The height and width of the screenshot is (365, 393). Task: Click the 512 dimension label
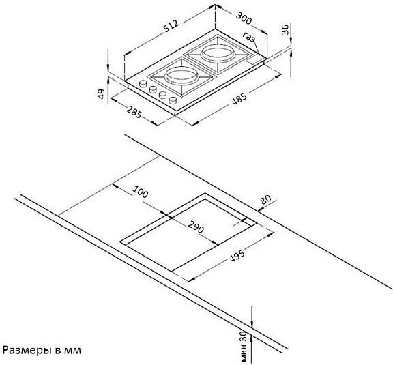coord(171,26)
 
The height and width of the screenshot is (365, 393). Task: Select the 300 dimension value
coord(244,18)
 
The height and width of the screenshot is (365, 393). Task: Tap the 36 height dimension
coord(285,29)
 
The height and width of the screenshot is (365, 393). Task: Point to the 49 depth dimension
coord(101,93)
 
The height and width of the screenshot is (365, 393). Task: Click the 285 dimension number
coord(134,112)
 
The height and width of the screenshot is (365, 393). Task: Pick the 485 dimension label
coord(239,98)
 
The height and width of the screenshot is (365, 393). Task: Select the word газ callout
coord(249,37)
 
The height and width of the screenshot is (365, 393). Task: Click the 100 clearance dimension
coord(141,192)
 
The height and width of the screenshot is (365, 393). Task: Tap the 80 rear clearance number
coord(265,199)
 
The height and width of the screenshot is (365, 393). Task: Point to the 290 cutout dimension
coord(196,227)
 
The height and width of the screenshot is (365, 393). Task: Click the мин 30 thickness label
coord(244,346)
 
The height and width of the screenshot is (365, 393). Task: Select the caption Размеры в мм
coord(42,350)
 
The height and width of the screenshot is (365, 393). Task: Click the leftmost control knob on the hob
coord(143,83)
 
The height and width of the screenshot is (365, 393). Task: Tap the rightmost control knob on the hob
coord(173,100)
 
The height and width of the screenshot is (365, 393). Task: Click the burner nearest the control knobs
coord(177,75)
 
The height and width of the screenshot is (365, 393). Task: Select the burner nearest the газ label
coord(218,54)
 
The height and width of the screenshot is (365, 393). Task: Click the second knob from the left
coord(153,89)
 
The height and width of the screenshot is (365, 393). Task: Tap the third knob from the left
coord(163,95)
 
